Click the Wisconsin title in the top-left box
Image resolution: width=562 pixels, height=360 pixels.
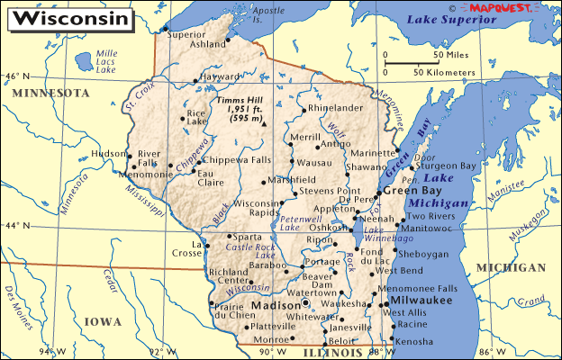(x=60, y=17)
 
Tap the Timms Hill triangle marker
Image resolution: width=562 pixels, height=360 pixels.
(x=265, y=124)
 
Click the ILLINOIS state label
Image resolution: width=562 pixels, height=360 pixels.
(x=323, y=353)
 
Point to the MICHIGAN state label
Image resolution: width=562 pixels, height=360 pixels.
(x=511, y=268)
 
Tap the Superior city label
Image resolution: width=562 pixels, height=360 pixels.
(x=186, y=35)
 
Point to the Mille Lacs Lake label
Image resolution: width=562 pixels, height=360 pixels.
(x=106, y=61)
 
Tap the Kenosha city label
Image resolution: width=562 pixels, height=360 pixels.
(x=413, y=344)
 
